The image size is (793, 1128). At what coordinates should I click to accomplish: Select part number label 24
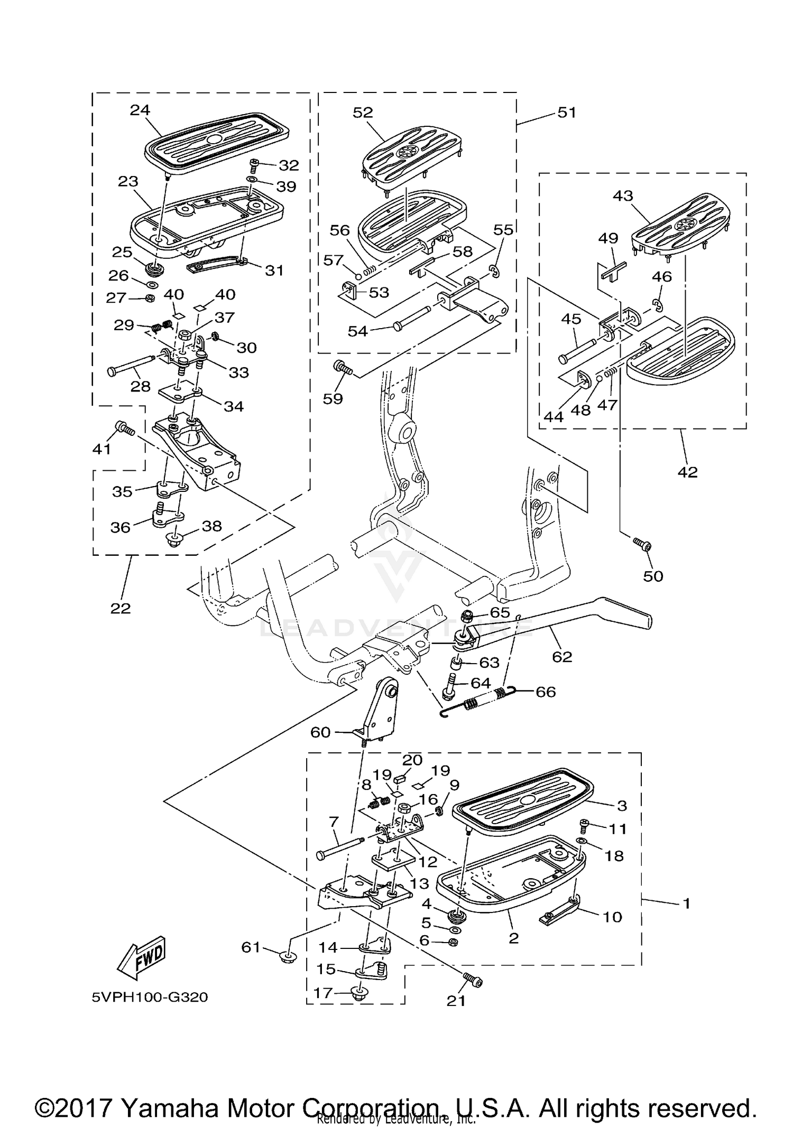pos(140,110)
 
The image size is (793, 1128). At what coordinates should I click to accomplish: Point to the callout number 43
pos(623,195)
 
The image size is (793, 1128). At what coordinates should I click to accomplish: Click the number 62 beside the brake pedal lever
pos(562,657)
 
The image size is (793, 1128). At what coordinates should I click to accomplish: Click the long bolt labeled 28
pos(130,366)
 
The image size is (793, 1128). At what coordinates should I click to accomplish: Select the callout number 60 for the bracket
pos(320,732)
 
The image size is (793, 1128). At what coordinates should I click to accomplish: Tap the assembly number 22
pos(121,608)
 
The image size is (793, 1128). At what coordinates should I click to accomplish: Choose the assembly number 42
pos(687,472)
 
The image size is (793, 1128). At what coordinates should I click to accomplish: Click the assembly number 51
pos(567,113)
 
